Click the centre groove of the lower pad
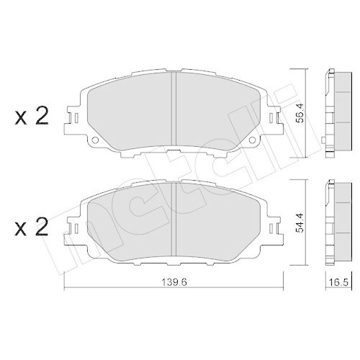174,220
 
